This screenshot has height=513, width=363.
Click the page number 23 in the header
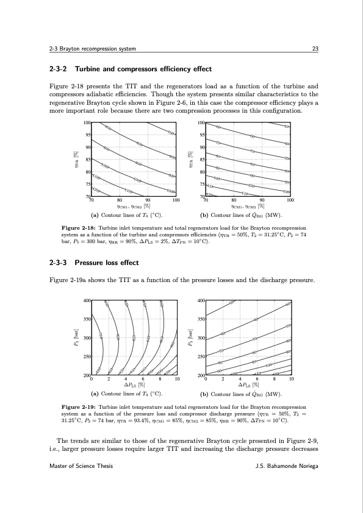[314, 49]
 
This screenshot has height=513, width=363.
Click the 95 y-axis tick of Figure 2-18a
[88, 135]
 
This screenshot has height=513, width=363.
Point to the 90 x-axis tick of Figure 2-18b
[262, 199]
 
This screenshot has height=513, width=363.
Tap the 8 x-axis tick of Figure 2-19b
[275, 379]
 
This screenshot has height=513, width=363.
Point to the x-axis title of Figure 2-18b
[247, 207]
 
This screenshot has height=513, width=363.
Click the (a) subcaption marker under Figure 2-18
[95, 215]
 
